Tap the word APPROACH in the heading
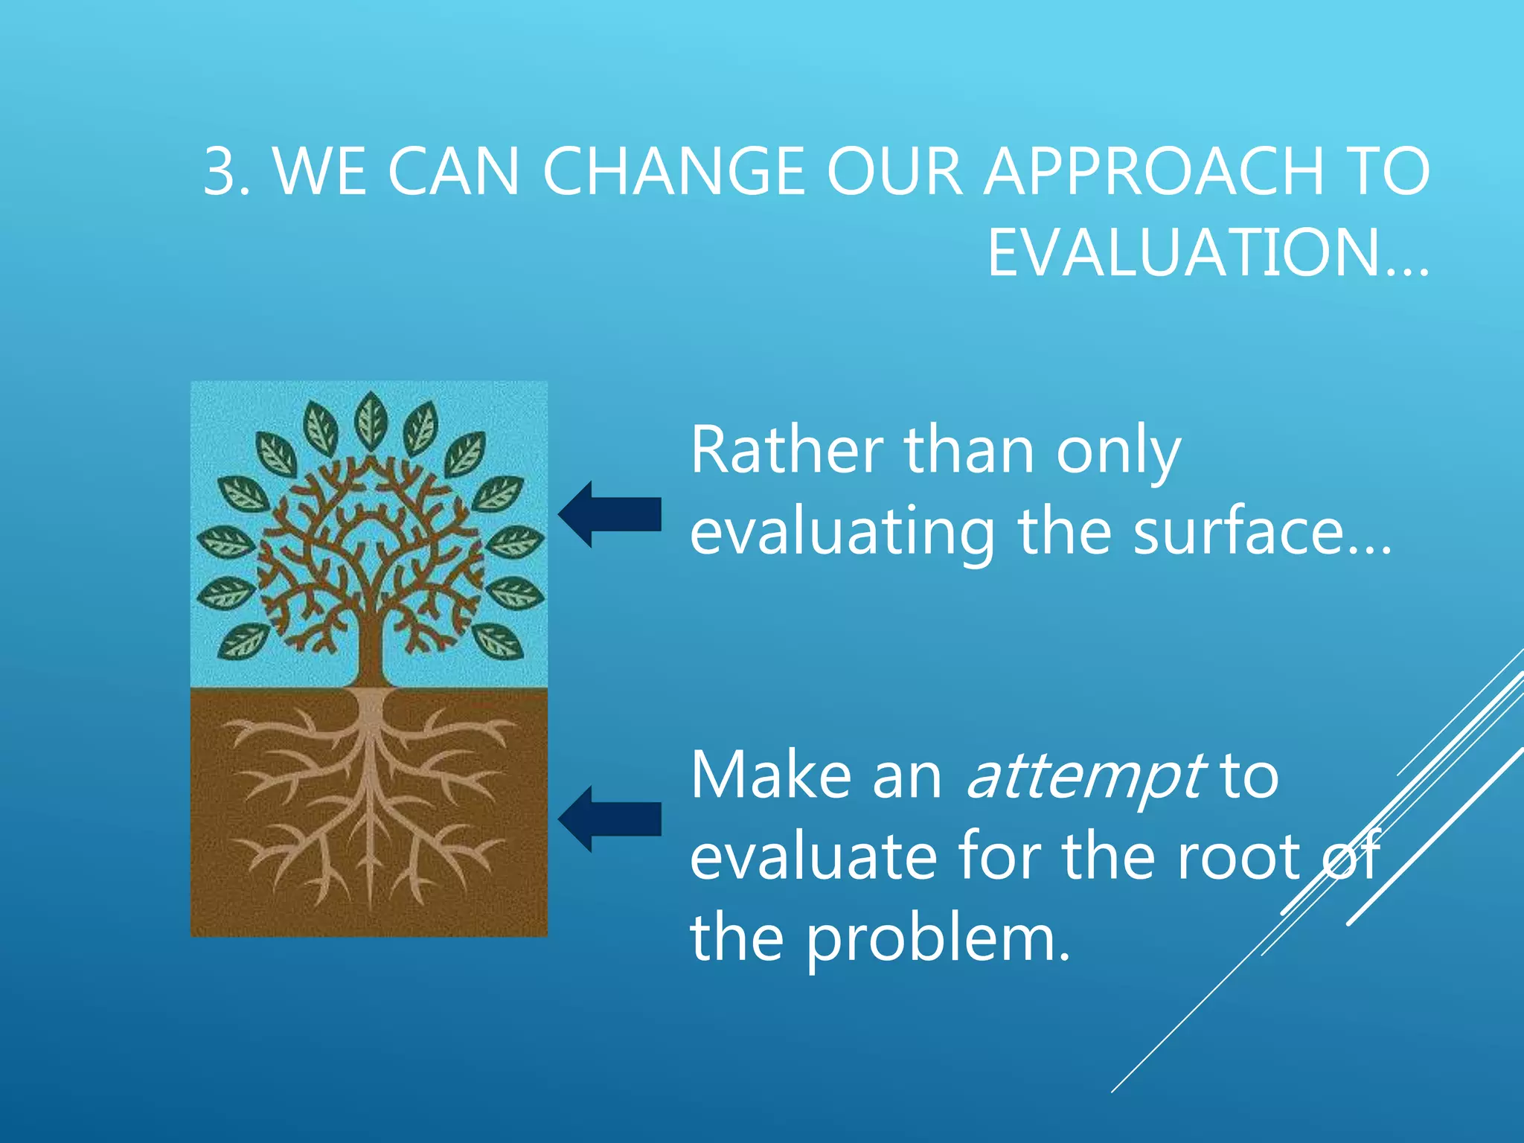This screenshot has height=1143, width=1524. [x=1154, y=172]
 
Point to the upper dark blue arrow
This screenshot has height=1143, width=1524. [x=610, y=514]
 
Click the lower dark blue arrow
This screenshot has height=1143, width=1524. [x=610, y=819]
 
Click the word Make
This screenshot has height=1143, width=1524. [x=769, y=775]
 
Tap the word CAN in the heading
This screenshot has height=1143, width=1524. [x=454, y=172]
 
